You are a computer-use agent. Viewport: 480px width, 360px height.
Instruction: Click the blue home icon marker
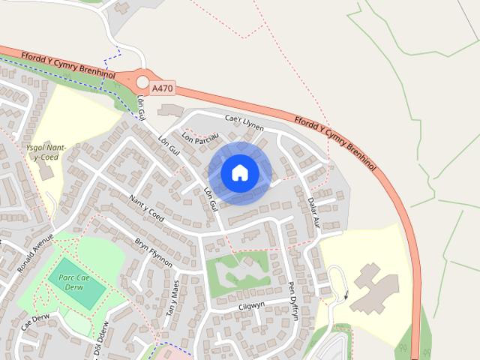pos(239,172)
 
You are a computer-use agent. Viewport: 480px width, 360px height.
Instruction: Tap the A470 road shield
pos(161,88)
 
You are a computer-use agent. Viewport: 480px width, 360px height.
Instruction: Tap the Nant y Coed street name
pos(146,209)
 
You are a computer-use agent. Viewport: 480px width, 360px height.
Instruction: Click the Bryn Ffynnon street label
pos(154,253)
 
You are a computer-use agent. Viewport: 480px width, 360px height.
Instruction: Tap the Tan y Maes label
pos(172,298)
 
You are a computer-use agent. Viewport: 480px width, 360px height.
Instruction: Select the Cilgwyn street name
pos(251,305)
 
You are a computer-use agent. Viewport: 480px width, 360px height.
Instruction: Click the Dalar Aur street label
pos(313,212)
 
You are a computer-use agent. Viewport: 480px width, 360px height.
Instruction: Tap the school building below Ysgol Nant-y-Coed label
pos(46,172)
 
